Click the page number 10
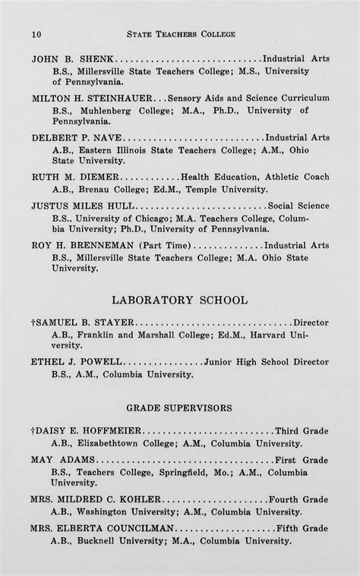pos(36,34)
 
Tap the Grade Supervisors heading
pos(179,408)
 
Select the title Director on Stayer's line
pos(311,321)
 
